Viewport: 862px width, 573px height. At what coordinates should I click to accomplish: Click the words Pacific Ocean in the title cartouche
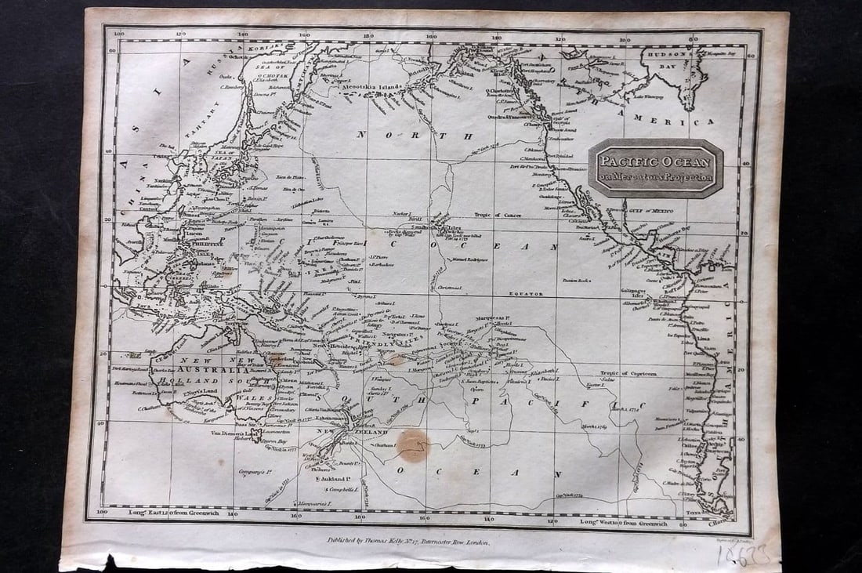655,162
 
